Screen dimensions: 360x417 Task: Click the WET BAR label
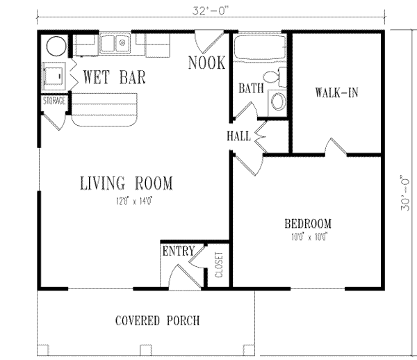coord(115,77)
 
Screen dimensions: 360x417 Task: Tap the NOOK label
coord(206,63)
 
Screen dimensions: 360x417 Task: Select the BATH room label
coord(250,89)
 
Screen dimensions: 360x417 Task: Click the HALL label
coord(238,136)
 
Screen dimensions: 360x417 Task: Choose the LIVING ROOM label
coord(125,184)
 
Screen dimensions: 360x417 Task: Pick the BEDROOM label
coord(307,224)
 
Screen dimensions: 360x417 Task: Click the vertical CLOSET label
coord(218,265)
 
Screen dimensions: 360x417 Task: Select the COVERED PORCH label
coord(157,321)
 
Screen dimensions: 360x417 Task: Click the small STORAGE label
coord(54,101)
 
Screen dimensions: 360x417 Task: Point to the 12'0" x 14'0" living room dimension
coord(125,202)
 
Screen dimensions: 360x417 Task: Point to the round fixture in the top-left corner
coord(55,47)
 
